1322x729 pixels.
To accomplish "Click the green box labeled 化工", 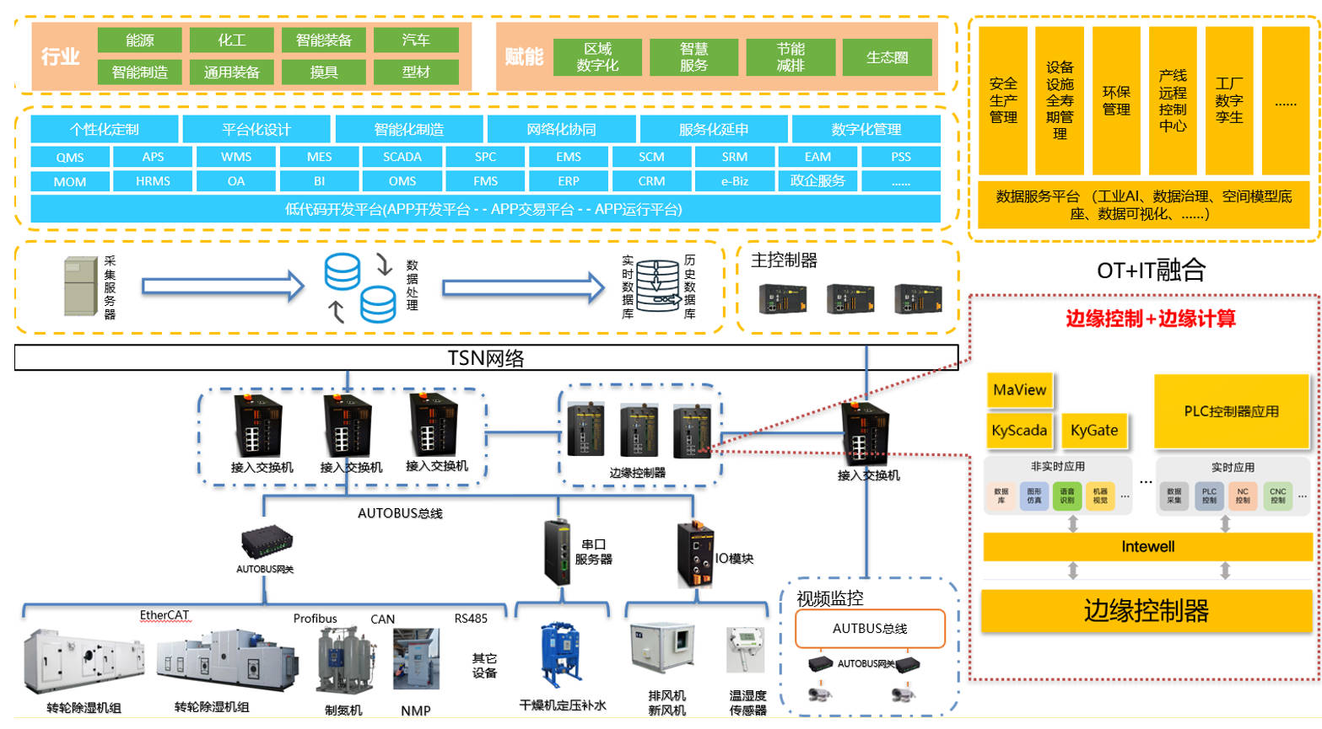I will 231,40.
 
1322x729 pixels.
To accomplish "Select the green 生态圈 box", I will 887,57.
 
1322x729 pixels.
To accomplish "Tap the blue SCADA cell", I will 402,157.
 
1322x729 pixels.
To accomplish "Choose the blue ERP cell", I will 568,181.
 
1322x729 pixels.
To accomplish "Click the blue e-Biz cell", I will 734,181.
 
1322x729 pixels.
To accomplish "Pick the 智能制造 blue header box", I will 408,129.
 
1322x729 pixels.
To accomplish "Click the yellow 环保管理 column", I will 1115,100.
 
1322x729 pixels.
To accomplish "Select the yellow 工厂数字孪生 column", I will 1228,100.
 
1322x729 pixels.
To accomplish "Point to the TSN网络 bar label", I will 486,358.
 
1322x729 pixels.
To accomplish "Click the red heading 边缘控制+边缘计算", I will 1150,319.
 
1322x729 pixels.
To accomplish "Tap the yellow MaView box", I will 1019,390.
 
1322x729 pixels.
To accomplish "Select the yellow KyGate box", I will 1093,431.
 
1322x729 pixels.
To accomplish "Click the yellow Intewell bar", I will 1147,547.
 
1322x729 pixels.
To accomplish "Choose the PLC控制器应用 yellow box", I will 1231,411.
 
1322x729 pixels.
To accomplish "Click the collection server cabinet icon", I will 81,287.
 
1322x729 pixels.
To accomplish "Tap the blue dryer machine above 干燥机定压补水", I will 560,656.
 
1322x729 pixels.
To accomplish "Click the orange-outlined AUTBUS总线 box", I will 870,629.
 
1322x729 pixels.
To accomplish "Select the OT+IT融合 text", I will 1151,271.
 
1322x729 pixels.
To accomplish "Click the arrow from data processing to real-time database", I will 523,287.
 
